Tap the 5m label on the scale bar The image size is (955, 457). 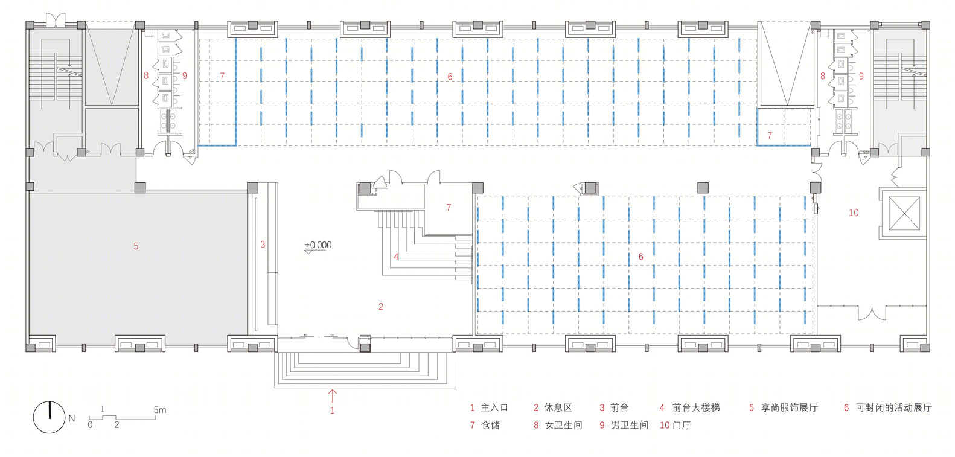click(x=160, y=410)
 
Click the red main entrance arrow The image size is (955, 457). click(x=332, y=396)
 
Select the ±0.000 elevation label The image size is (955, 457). click(x=318, y=245)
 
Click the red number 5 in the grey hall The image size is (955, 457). click(x=136, y=246)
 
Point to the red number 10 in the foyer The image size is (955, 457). click(x=854, y=213)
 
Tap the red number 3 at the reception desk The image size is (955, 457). click(x=263, y=244)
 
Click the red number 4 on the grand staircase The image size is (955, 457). click(x=396, y=257)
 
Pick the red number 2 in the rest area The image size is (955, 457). click(x=381, y=307)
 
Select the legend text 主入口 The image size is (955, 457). click(x=494, y=408)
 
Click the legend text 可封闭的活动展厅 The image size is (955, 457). click(x=894, y=408)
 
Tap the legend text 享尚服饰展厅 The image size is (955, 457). click(x=790, y=408)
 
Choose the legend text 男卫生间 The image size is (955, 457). click(x=629, y=426)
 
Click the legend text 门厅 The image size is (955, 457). click(x=682, y=426)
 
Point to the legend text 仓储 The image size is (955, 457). click(x=490, y=426)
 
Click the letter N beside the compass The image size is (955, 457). click(x=72, y=418)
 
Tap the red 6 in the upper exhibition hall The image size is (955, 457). click(x=450, y=77)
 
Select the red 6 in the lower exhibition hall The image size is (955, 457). click(x=640, y=257)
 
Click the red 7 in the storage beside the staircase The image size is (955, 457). click(x=449, y=208)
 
